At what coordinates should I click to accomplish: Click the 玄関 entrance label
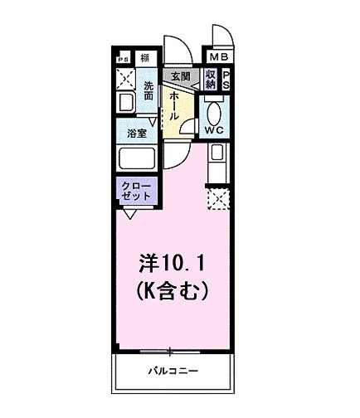[x=178, y=76]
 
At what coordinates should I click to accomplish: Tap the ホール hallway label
[x=175, y=106]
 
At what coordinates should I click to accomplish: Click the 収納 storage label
[x=210, y=80]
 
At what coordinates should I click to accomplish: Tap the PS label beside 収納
[x=226, y=80]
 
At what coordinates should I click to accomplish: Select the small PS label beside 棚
[x=123, y=58]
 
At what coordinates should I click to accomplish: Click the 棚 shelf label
[x=144, y=57]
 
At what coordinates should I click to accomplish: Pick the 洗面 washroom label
[x=148, y=91]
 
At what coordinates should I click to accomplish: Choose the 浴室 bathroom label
[x=137, y=132]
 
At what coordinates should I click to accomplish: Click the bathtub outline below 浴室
[x=137, y=158]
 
